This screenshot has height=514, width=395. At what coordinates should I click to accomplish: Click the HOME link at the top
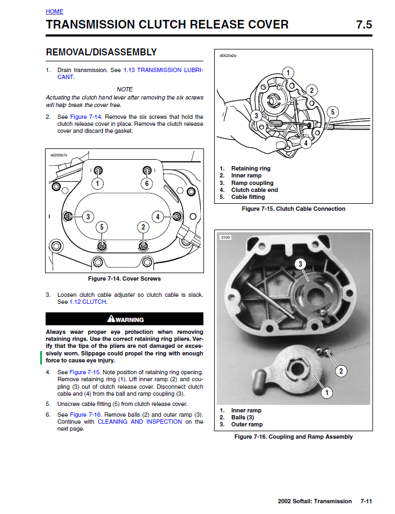coord(54,11)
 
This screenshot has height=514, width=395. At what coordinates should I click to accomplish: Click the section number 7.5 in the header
coord(363,25)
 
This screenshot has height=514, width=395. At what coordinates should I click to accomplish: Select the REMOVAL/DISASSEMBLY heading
coord(101,52)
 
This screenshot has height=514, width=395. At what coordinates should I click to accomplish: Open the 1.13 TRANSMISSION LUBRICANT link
coord(163,70)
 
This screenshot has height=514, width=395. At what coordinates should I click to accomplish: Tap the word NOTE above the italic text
coord(125,89)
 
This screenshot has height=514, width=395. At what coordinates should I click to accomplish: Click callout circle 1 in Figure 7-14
coord(97,183)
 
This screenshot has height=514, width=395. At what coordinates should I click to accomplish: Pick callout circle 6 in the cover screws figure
coord(147,183)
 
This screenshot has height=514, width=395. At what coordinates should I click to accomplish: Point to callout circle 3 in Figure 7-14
coord(87,217)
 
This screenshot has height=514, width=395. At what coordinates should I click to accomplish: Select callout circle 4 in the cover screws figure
coord(158,217)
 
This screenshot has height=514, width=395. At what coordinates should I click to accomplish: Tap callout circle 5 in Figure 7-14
coord(102,227)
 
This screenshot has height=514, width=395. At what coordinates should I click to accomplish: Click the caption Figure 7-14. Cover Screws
coord(124,279)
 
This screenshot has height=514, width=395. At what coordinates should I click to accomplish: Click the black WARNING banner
coord(125,319)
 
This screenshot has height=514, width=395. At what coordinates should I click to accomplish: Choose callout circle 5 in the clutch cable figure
coord(332,112)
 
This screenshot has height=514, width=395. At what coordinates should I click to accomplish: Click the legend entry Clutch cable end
coord(254,190)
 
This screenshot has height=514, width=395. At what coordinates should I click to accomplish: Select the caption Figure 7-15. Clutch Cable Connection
coord(294,209)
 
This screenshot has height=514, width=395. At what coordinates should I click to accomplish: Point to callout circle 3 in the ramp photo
coord(301,264)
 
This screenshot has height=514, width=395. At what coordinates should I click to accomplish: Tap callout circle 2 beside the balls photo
coord(341,370)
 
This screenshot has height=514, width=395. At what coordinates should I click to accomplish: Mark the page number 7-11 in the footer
coord(366,501)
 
